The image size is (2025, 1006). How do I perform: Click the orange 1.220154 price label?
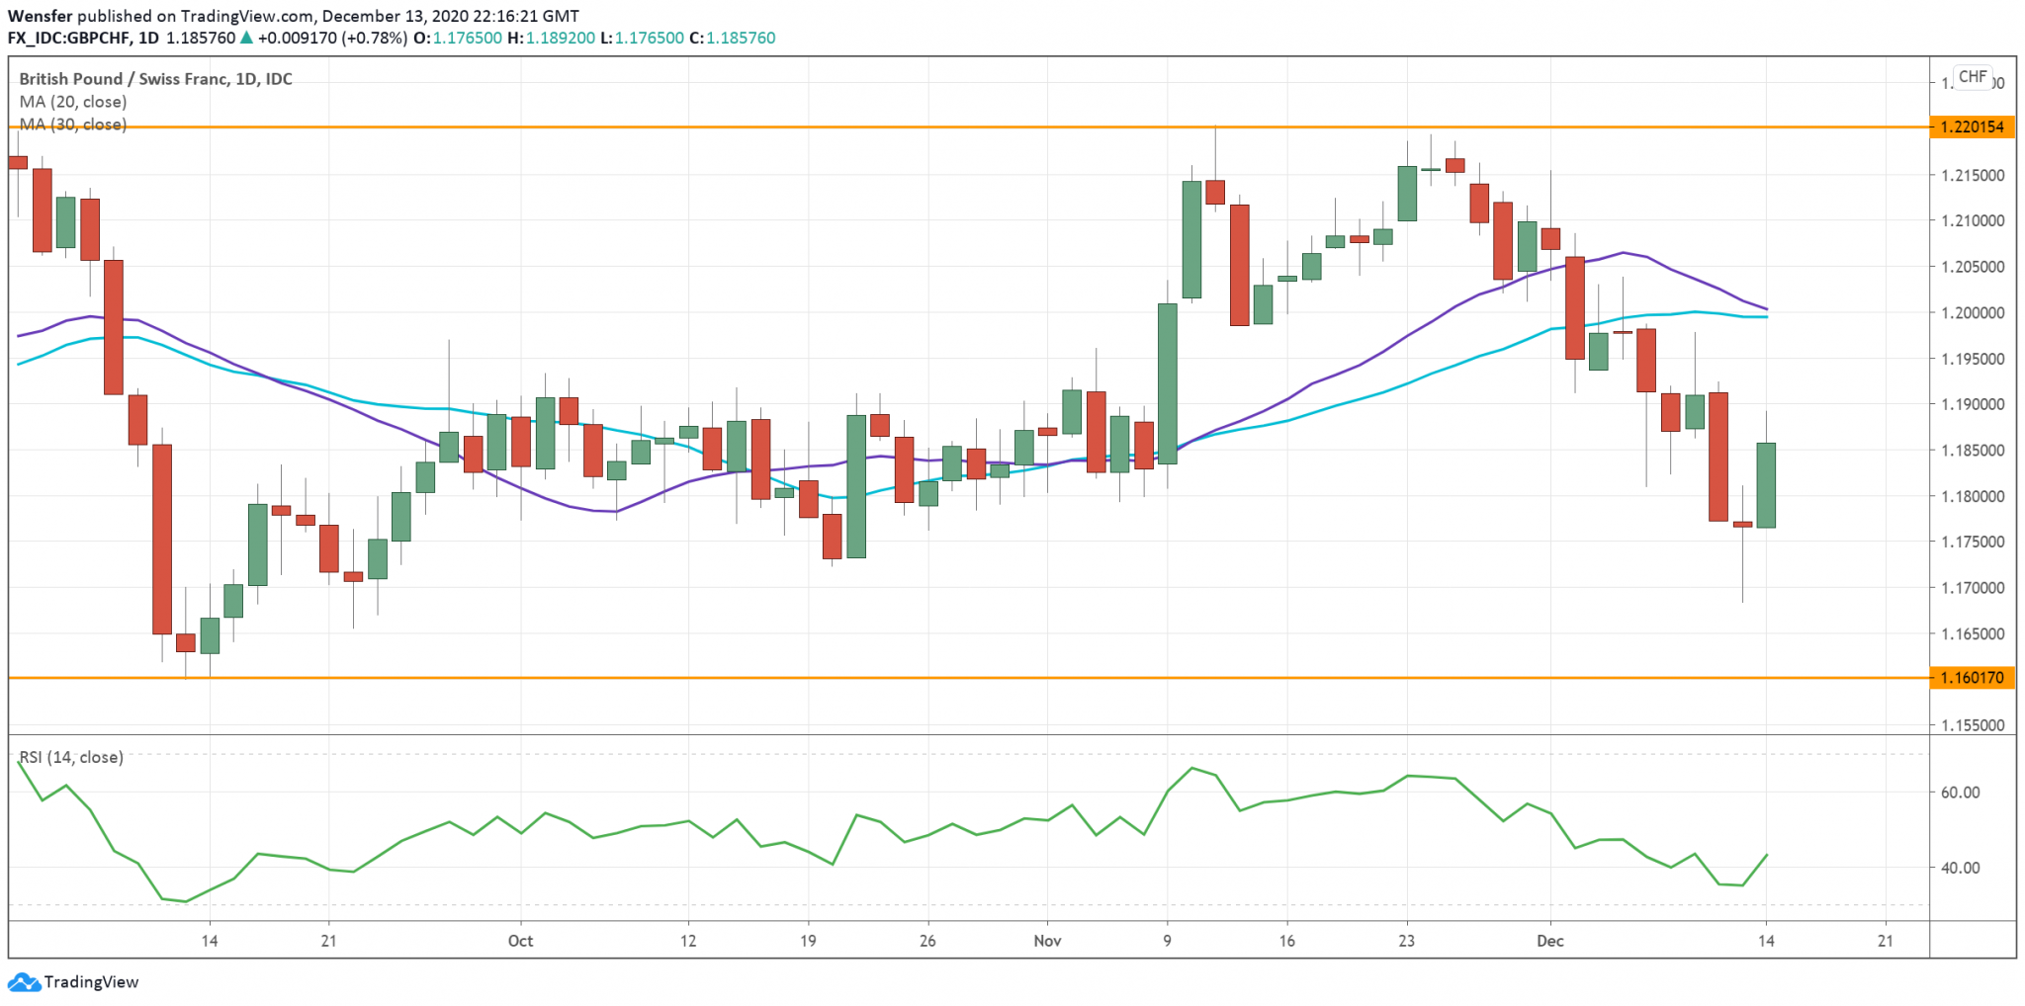point(1972,126)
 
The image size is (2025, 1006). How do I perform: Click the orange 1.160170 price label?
point(1972,678)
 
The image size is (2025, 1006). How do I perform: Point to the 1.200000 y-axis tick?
point(1972,312)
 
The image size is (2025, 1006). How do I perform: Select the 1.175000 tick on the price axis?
point(1972,542)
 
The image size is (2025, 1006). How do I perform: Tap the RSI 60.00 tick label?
point(1960,792)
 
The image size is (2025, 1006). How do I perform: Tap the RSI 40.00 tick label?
point(1960,868)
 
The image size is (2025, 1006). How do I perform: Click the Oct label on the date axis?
point(520,941)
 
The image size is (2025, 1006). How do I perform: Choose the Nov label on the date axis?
point(1047,941)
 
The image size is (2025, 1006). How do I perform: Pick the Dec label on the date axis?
point(1549,941)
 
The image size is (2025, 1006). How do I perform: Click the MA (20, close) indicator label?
point(72,102)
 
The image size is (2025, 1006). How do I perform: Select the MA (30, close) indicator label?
point(72,125)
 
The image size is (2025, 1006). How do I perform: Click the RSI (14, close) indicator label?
point(71,757)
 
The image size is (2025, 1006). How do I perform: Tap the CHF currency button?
point(1973,76)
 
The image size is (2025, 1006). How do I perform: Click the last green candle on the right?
point(1766,485)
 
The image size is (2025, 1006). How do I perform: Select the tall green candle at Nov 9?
point(1168,383)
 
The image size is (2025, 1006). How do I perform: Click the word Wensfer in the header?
point(40,16)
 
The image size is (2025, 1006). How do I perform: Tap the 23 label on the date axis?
point(1406,941)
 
